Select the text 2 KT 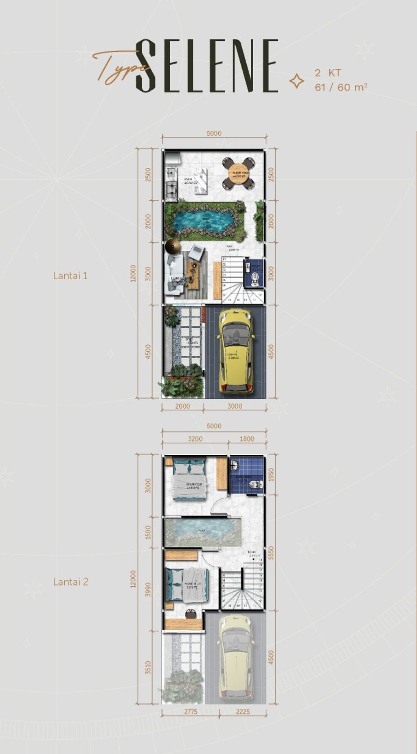pyautogui.click(x=328, y=73)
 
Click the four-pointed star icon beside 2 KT pyautogui.click(x=296, y=81)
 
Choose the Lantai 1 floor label pyautogui.click(x=70, y=276)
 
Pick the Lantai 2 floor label pyautogui.click(x=70, y=582)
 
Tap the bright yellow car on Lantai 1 pyautogui.click(x=236, y=351)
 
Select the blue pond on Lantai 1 pyautogui.click(x=202, y=221)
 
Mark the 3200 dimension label pyautogui.click(x=195, y=439)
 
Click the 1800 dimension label pyautogui.click(x=247, y=439)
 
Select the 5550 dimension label pyautogui.click(x=271, y=554)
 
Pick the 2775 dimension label pyautogui.click(x=190, y=712)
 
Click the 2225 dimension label pyautogui.click(x=243, y=712)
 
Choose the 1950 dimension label pyautogui.click(x=271, y=474)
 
